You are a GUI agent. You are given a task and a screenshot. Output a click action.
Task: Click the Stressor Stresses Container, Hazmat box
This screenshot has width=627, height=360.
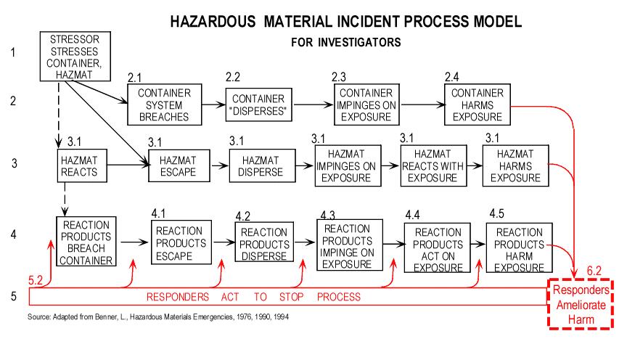75,57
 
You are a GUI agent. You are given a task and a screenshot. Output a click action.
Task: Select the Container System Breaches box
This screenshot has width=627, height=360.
164,105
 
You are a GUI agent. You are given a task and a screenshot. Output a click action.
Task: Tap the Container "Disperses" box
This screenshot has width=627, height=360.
259,105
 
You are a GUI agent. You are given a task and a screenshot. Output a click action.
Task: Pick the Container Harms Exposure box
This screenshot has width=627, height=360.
478,105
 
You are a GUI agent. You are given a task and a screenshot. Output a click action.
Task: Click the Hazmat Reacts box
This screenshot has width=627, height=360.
82,165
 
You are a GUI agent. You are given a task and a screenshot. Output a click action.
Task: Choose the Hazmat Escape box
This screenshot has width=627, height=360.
179,165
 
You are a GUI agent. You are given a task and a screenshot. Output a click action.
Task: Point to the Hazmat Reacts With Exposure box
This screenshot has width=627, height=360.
433,165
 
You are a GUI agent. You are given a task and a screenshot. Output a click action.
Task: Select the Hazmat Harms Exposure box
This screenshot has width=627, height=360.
515,165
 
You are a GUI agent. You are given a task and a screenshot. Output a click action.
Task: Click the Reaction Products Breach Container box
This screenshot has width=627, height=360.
86,241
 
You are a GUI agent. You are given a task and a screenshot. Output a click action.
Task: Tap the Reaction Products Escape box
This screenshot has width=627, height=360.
181,242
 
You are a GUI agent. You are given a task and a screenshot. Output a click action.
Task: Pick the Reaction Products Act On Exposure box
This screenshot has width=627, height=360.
437,248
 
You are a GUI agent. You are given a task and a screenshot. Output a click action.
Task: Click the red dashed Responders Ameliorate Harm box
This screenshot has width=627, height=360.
581,304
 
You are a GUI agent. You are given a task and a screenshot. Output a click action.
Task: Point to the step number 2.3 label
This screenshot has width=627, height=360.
339,77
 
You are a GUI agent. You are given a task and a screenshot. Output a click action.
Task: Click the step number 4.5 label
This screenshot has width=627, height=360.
496,213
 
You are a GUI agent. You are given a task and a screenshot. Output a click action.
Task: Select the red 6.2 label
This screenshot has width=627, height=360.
594,271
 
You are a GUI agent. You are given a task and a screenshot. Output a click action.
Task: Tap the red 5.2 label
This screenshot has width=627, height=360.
35,280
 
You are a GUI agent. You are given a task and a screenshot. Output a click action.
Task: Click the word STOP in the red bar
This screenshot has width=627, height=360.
292,297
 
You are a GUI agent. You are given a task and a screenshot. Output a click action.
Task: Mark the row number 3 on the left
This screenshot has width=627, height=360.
15,163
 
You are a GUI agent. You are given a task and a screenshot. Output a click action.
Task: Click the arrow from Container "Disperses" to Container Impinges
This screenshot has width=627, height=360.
313,105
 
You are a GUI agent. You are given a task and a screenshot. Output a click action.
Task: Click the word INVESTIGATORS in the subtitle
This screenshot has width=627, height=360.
359,42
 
